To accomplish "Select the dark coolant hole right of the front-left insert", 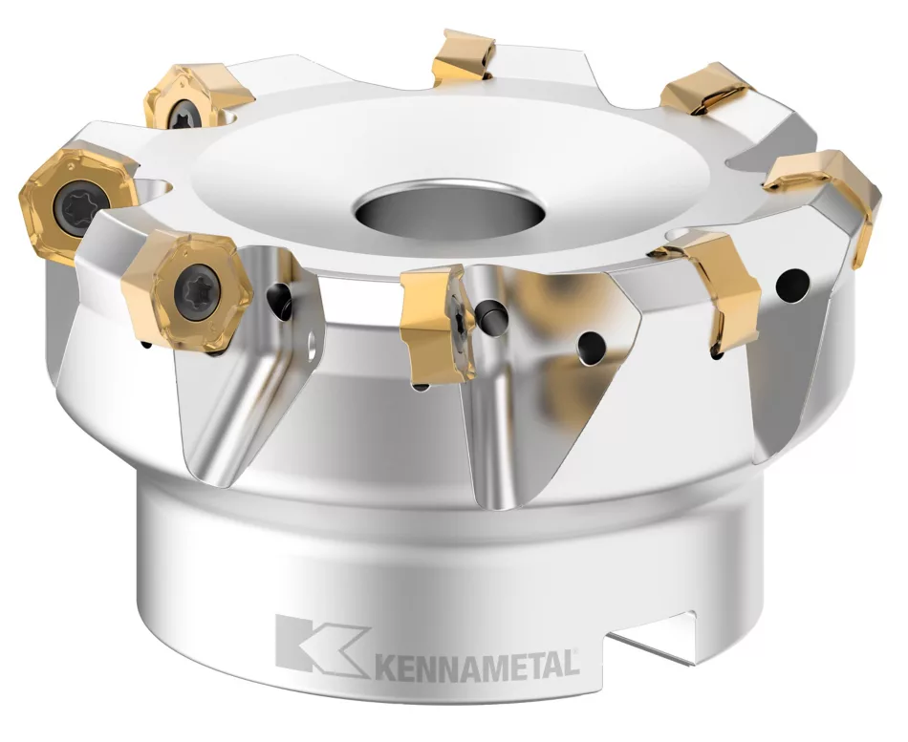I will click(280, 298).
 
